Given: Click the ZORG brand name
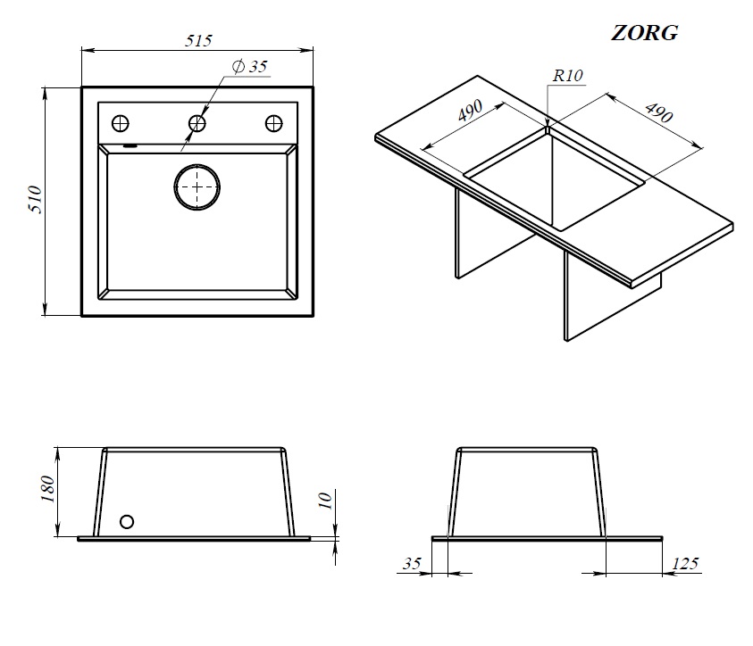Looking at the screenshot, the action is [x=644, y=33].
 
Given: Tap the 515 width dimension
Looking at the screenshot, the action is [x=198, y=41].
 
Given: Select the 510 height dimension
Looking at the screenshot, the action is [x=36, y=199].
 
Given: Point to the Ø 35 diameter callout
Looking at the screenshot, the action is [x=250, y=66].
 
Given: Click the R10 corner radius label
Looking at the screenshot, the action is [x=567, y=75].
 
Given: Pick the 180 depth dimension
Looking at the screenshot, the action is [x=48, y=489].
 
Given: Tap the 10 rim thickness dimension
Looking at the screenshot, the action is [x=326, y=501].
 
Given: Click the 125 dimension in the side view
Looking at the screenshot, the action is [x=685, y=563].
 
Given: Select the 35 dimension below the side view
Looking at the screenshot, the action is [x=412, y=563].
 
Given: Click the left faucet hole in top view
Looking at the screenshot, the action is [x=120, y=124].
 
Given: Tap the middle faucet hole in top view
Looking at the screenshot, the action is [x=197, y=124].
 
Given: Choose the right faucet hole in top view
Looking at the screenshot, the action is [x=273, y=124].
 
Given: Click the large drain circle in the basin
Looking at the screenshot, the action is [x=197, y=187].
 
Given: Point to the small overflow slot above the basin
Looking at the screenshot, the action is [x=130, y=145].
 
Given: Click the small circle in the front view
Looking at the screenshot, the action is [x=127, y=521].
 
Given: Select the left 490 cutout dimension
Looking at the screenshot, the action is [x=470, y=111].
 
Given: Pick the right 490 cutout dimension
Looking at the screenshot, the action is [x=659, y=112].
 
